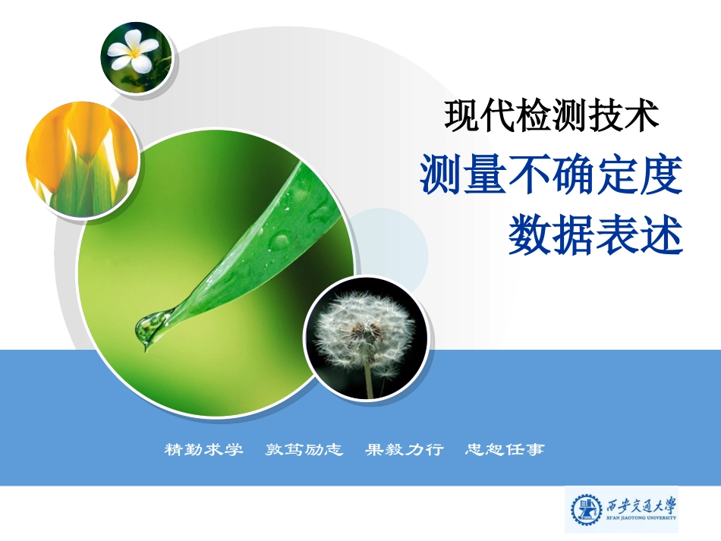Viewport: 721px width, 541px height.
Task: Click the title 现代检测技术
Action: tap(551, 117)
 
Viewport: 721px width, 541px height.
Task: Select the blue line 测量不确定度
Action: tap(552, 174)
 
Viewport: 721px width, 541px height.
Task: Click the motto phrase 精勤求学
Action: tap(204, 450)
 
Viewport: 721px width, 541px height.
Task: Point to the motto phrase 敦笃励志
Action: tap(304, 450)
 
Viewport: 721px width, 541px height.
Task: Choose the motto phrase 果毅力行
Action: tap(404, 450)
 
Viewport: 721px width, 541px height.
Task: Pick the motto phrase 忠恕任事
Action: tap(505, 450)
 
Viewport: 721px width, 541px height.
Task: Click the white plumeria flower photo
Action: tap(137, 56)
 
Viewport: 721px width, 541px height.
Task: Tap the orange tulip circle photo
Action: tap(82, 159)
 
